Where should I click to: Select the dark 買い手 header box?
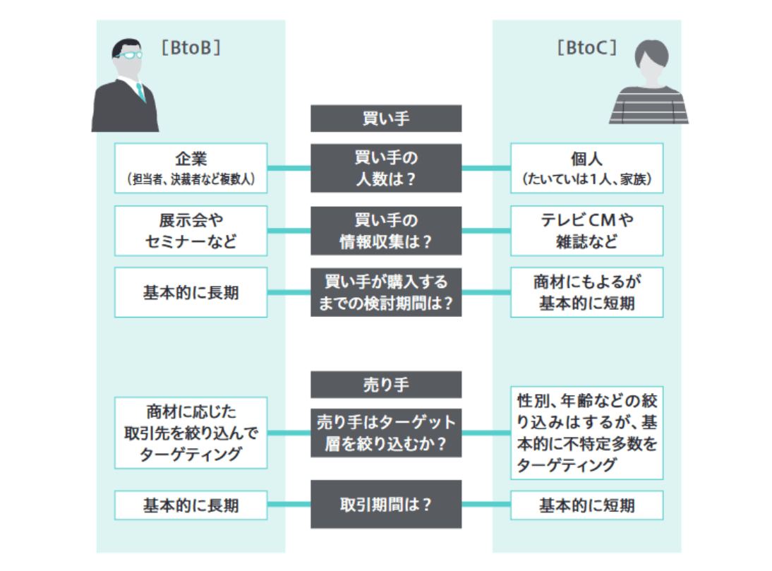coord(386,119)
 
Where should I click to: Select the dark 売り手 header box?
coord(386,385)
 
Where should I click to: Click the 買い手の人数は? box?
coord(386,168)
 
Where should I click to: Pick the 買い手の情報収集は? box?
coord(386,231)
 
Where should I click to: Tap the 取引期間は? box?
coord(386,505)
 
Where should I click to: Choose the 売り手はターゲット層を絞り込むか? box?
coord(386,433)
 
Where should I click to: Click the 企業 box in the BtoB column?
coord(191,168)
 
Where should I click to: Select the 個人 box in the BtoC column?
coord(586,168)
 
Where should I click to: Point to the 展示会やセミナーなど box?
coord(191,231)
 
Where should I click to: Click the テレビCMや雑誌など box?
coord(586,231)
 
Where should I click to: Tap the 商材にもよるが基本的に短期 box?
coord(586,292)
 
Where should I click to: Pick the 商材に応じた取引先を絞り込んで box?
coord(191,433)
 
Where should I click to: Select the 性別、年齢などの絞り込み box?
coord(586,433)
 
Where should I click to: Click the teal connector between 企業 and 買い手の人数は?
coord(289,168)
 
